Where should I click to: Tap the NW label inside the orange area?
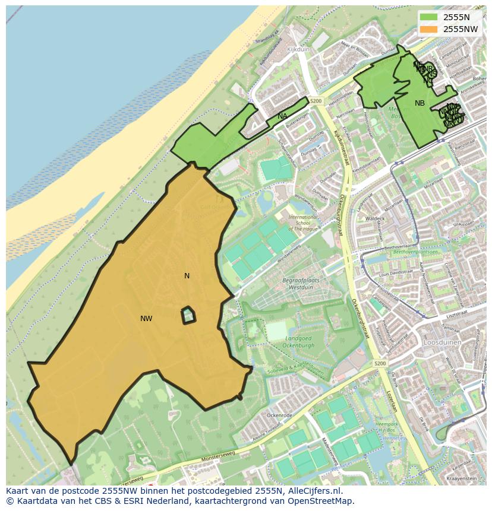point(146,319)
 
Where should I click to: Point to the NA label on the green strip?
point(282,116)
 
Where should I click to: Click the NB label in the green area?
point(420,103)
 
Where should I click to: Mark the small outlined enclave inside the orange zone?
point(188,315)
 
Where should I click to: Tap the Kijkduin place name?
point(298,50)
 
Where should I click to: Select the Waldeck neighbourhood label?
point(375,218)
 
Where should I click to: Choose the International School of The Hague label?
point(304,223)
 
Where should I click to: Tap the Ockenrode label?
point(279,415)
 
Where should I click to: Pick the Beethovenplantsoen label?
point(414,252)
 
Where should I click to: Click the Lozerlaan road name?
point(390,401)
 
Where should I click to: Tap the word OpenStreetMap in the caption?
point(321,502)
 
